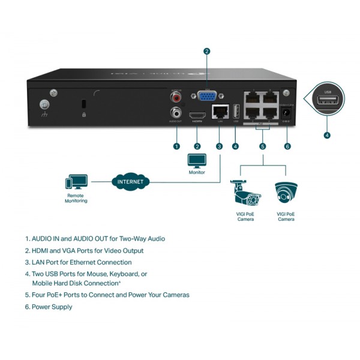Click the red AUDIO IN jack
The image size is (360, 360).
point(176,97)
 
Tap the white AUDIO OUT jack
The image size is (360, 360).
point(176,112)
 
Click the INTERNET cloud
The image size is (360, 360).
point(130,180)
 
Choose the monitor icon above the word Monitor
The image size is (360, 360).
point(197,161)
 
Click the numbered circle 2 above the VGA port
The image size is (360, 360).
point(206,52)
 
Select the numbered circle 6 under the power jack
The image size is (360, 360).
point(287,146)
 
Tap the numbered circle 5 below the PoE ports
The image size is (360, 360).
point(262,146)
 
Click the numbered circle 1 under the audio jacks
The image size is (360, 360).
point(176,146)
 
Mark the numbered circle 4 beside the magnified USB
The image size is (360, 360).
point(327,135)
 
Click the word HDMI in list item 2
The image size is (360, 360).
point(43,251)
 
